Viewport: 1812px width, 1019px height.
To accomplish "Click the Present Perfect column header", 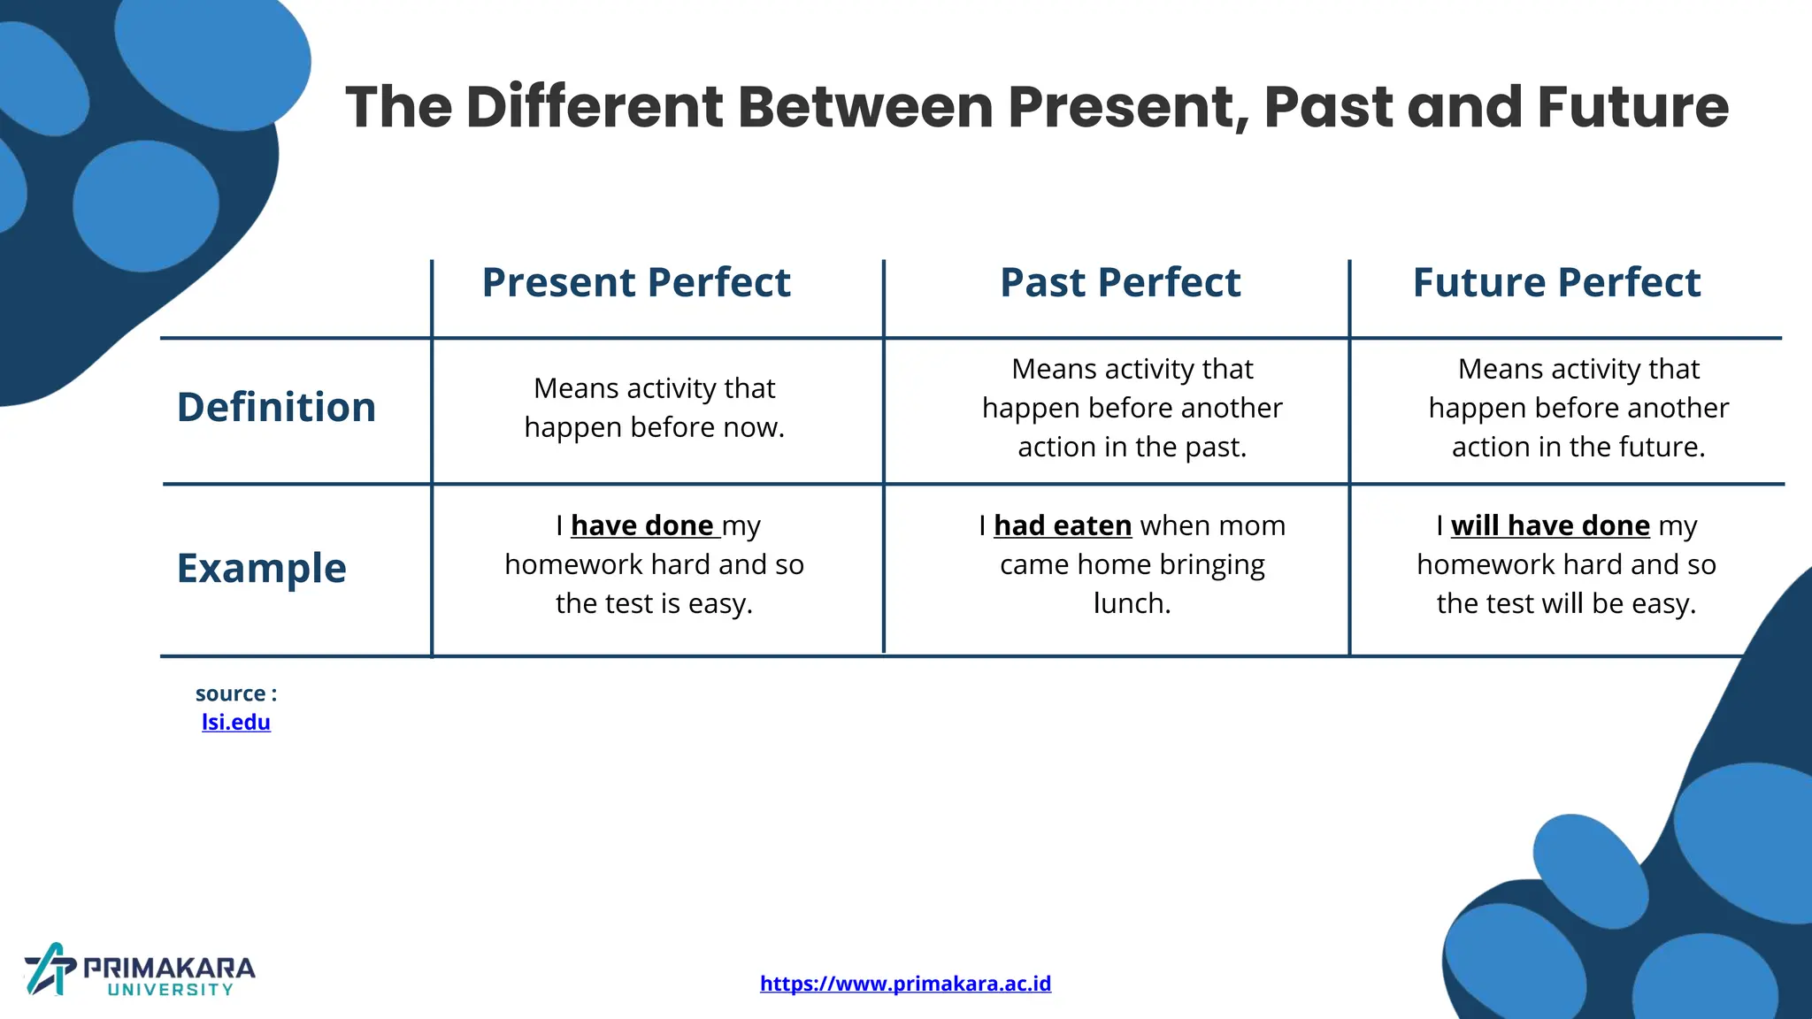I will click(635, 283).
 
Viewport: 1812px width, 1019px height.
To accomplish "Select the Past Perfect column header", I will click(1120, 283).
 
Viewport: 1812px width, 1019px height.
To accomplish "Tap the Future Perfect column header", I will click(1556, 283).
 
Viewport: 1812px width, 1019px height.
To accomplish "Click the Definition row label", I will click(276, 408).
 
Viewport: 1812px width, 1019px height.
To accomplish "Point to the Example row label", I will click(261, 568).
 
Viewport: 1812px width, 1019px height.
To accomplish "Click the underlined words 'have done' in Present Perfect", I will click(642, 525).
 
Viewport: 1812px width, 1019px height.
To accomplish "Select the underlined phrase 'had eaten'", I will click(1063, 525).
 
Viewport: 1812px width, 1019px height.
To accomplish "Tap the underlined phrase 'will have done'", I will click(1550, 525).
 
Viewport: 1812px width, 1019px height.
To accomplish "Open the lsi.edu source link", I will click(235, 722).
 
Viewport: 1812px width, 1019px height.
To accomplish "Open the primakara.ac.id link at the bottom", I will click(905, 983).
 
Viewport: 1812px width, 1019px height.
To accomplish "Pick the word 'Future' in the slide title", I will click(1632, 107).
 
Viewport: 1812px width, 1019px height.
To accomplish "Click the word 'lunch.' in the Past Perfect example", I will click(1132, 603).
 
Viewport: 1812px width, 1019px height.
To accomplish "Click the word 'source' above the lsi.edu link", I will click(230, 693).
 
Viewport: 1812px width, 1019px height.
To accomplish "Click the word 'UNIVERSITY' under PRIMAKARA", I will click(171, 990).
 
